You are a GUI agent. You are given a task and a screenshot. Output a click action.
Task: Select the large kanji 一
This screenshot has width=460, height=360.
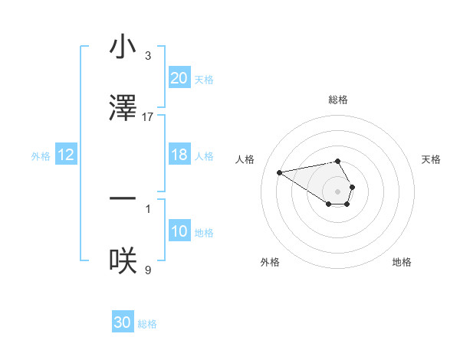pos(123,200)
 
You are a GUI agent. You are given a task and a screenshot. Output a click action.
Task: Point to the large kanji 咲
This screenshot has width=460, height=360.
pos(123,261)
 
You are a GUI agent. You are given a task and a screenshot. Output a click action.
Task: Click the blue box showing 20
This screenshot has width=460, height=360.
pos(179,78)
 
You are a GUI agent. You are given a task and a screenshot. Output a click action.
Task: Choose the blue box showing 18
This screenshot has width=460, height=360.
pos(179,155)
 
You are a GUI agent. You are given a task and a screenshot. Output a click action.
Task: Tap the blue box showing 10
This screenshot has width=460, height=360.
pos(179,232)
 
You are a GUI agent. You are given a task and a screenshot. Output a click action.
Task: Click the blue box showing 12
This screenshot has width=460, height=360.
pos(66,155)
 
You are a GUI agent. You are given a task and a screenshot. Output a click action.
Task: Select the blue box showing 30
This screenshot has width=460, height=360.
pos(123,322)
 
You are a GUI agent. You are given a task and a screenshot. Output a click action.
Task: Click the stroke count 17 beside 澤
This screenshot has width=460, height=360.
pos(148,117)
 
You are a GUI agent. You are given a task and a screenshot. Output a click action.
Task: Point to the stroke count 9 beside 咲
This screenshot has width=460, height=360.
pos(148,270)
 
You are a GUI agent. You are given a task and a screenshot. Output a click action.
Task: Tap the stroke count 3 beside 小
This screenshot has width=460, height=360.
pos(148,56)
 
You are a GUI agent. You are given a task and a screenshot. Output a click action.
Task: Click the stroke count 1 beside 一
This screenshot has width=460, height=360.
pos(148,208)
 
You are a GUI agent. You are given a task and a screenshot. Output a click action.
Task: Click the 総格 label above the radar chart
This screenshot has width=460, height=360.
pos(337,100)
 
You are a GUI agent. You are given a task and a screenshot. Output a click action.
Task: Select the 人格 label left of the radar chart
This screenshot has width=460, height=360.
pos(245,159)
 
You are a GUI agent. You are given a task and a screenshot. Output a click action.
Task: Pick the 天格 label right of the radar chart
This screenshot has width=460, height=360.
pos(432,159)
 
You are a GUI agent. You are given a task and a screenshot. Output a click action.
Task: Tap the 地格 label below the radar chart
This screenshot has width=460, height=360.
pos(402,262)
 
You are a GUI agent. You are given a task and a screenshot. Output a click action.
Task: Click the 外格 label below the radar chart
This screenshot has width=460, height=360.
pos(270,262)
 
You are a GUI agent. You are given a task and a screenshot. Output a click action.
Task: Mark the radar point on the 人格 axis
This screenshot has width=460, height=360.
pos(280,172)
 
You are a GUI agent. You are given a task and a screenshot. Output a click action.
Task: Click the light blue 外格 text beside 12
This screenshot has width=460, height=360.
pos(41,156)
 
